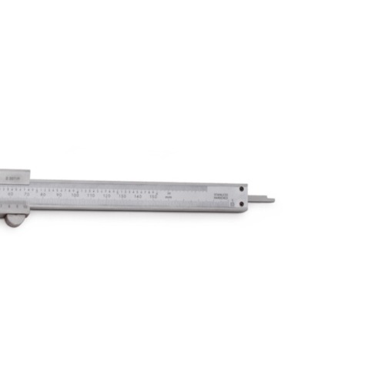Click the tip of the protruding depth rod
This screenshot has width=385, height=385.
click(x=273, y=200)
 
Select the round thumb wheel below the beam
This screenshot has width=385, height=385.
click(x=14, y=220)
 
